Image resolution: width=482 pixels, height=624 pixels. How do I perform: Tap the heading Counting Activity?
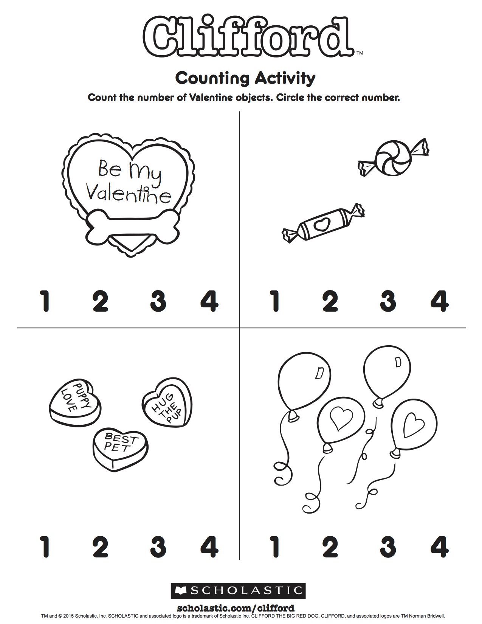(x=245, y=78)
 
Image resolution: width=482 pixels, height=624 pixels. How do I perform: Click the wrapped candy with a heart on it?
(x=323, y=223)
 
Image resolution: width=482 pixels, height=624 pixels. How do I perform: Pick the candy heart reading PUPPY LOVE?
(x=75, y=401)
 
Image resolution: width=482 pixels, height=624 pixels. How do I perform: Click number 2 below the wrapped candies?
(x=330, y=301)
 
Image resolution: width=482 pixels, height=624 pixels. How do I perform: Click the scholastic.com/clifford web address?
(x=236, y=608)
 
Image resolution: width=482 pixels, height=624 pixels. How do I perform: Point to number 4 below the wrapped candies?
(x=440, y=301)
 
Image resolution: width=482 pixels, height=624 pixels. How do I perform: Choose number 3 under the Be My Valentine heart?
(x=158, y=301)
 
